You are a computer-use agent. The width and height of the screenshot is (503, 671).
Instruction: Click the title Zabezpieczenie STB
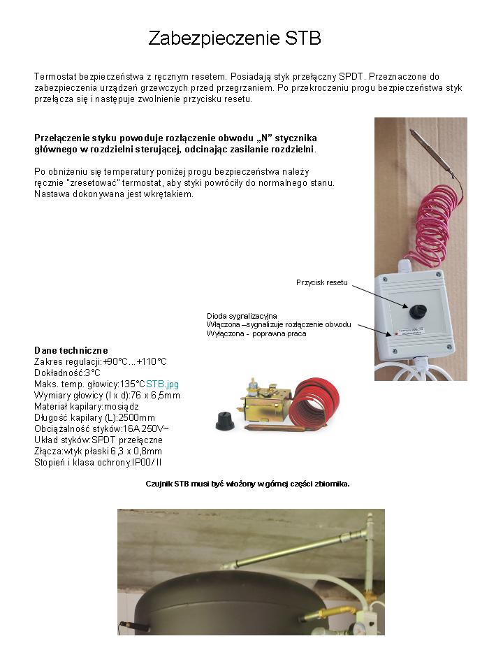(235, 38)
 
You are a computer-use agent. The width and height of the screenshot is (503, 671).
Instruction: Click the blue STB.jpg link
(162, 384)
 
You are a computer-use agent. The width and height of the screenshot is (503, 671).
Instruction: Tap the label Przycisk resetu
(321, 282)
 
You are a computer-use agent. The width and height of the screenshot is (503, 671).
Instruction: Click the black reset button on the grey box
(418, 310)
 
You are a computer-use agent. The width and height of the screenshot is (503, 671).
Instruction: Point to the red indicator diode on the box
(396, 333)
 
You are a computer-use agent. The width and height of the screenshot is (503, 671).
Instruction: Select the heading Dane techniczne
(71, 350)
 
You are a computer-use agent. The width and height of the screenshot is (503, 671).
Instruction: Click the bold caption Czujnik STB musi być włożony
(247, 484)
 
